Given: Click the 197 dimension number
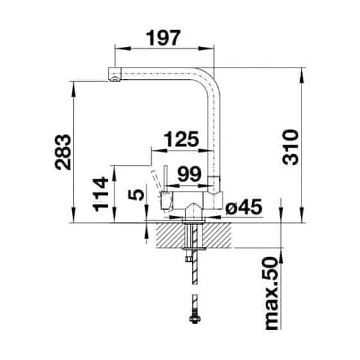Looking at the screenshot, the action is click(164, 38).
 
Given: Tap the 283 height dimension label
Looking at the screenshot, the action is click(63, 152).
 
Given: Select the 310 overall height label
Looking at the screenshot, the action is click(291, 147).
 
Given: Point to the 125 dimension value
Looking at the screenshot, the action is click(181, 139).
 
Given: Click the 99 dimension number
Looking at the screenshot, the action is click(190, 174).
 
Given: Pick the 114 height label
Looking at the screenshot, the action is click(100, 194).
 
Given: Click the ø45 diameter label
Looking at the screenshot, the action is click(244, 206).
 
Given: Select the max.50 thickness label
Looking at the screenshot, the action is click(272, 294).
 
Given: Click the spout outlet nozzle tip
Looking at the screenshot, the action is click(114, 80).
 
